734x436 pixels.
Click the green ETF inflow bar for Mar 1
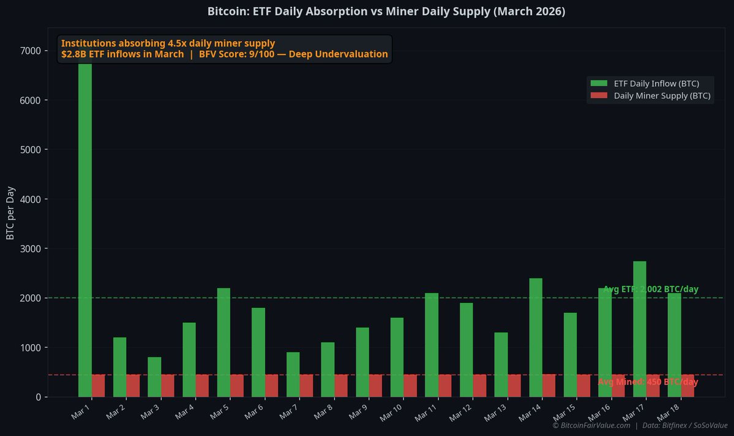click(85, 233)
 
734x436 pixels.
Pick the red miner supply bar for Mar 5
click(237, 386)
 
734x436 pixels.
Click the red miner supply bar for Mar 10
click(410, 386)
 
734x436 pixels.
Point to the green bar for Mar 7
click(293, 374)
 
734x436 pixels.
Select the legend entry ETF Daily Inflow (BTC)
click(651, 83)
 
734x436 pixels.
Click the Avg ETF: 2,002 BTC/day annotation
click(651, 289)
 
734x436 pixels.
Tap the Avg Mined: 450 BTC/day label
click(648, 382)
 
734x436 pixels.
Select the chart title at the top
click(386, 12)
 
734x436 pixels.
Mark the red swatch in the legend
click(599, 96)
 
